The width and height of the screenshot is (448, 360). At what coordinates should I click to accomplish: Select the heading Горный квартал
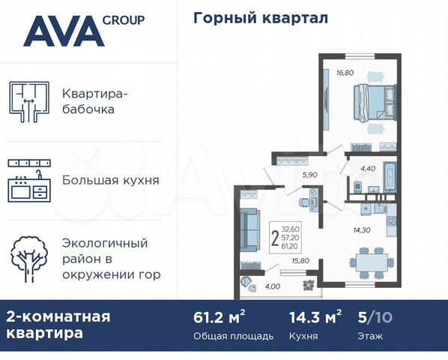click(261, 18)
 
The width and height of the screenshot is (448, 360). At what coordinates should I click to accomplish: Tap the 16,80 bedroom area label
click(345, 73)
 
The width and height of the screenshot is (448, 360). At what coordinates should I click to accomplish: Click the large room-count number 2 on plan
click(275, 238)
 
